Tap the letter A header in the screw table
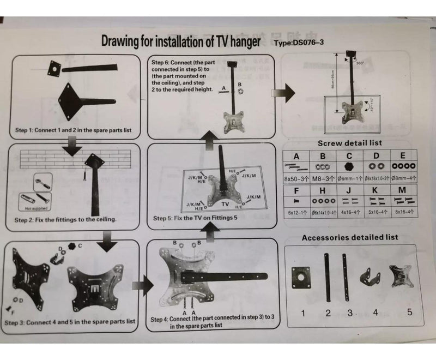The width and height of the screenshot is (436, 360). [x=296, y=156]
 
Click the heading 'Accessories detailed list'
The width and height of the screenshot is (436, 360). [x=350, y=238]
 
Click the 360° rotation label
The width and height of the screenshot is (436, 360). [x=359, y=63]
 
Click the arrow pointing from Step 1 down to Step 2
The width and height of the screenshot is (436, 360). [x=71, y=146]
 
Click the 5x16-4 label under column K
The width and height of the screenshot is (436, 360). [x=375, y=212]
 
